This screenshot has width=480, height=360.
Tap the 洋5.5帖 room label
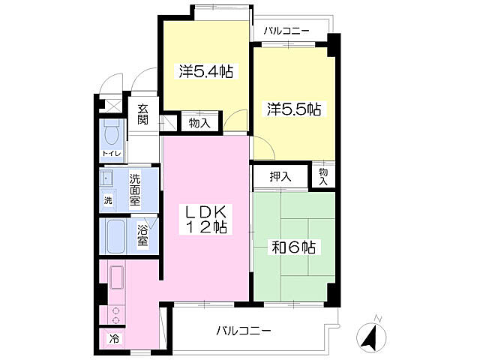pos(294,109)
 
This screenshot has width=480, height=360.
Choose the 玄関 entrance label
pos(142,114)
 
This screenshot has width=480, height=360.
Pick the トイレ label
pos(111,154)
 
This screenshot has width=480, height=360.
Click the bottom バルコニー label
pos(245,330)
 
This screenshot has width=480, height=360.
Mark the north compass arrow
pos(370,335)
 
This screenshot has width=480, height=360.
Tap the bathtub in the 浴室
pos(117,237)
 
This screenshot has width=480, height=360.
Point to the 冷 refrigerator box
pos(114,338)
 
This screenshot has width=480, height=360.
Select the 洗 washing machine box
pos(109,200)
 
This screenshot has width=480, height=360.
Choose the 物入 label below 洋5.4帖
pos(199,122)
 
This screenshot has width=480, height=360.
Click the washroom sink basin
pos(107,178)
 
